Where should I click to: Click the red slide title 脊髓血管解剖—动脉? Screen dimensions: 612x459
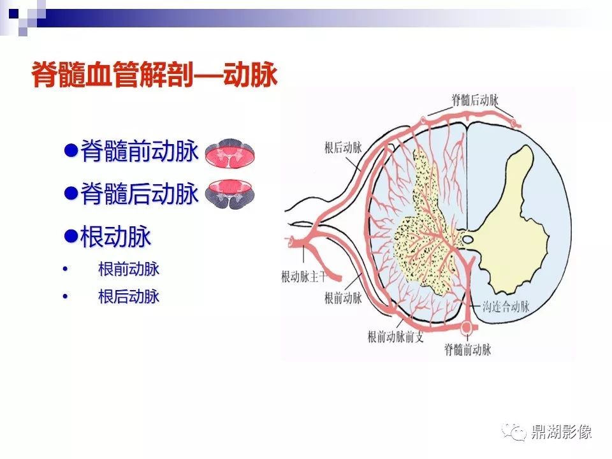[x=154, y=74]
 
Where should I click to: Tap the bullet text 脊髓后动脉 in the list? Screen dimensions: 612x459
[x=140, y=193]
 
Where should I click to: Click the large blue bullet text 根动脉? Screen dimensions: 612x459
[x=115, y=237]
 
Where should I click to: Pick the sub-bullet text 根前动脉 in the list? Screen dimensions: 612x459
[x=128, y=269]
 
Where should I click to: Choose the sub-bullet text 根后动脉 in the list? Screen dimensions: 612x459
[x=128, y=296]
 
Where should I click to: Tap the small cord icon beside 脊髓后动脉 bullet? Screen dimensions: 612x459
[x=230, y=193]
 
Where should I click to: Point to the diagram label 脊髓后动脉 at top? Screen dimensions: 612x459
[x=475, y=100]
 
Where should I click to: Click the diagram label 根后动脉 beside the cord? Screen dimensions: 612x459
[x=343, y=147]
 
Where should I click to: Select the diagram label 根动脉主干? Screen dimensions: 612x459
[x=304, y=277]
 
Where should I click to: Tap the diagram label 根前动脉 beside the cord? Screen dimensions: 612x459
[x=343, y=298]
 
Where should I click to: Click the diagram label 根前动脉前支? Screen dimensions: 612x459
[x=395, y=337]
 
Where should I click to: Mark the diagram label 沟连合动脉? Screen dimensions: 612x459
[x=506, y=307]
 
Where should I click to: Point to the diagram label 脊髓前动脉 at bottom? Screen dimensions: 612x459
[x=467, y=349]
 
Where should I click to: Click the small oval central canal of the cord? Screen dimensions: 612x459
[x=467, y=239]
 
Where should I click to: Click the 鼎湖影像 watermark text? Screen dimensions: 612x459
[x=561, y=432]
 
